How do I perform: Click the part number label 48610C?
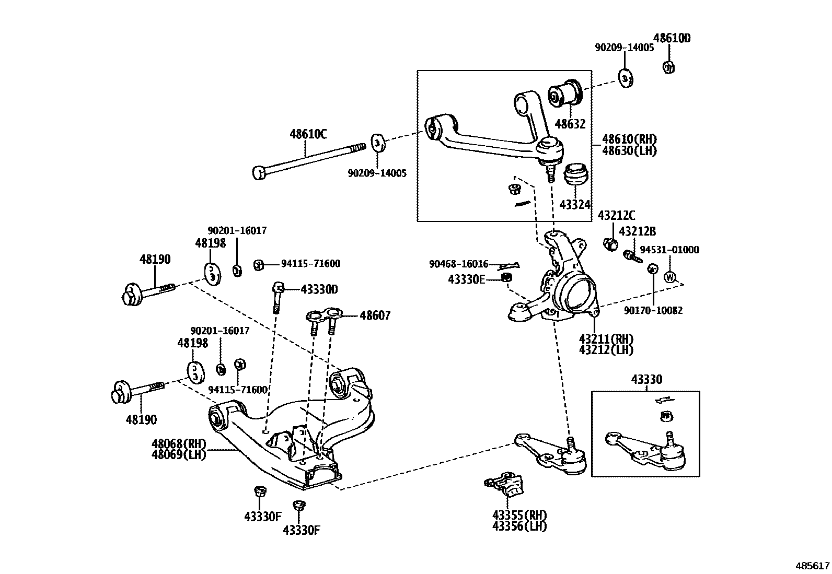(x=308, y=134)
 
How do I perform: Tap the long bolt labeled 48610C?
(x=308, y=158)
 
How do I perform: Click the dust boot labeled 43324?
(x=576, y=174)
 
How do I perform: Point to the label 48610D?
(x=672, y=38)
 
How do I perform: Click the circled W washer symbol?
(x=670, y=277)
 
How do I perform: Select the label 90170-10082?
(x=653, y=310)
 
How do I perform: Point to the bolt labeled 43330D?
(x=277, y=298)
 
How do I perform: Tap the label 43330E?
(x=466, y=279)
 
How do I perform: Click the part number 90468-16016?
(x=458, y=264)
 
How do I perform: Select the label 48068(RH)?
(x=179, y=444)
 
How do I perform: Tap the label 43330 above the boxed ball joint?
(x=646, y=379)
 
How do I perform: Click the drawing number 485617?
(x=812, y=566)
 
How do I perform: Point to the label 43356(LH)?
(x=519, y=526)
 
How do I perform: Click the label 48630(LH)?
(x=629, y=151)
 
